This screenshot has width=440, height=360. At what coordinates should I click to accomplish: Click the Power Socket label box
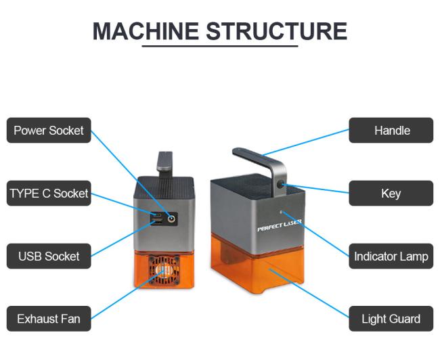(x=49, y=131)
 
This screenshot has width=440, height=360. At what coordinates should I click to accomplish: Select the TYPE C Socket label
(x=49, y=194)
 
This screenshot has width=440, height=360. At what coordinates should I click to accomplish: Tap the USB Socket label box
(x=49, y=256)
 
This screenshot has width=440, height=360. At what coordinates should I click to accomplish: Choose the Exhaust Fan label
(x=49, y=319)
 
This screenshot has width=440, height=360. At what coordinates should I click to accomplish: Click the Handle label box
(x=391, y=131)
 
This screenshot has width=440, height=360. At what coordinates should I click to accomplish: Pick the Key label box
(x=391, y=194)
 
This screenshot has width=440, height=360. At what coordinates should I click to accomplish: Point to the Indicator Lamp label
(x=391, y=256)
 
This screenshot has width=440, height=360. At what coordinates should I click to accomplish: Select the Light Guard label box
(x=391, y=319)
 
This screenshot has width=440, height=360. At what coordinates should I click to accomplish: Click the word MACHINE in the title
(x=146, y=31)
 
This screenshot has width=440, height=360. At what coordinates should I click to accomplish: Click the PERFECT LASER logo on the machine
(x=279, y=225)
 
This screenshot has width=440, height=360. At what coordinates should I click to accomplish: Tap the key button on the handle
(x=280, y=185)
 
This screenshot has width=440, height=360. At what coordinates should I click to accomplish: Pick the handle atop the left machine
(x=164, y=161)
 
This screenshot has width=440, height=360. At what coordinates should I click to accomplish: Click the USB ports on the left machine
(x=156, y=218)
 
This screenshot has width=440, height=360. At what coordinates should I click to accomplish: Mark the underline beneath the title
(x=220, y=46)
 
